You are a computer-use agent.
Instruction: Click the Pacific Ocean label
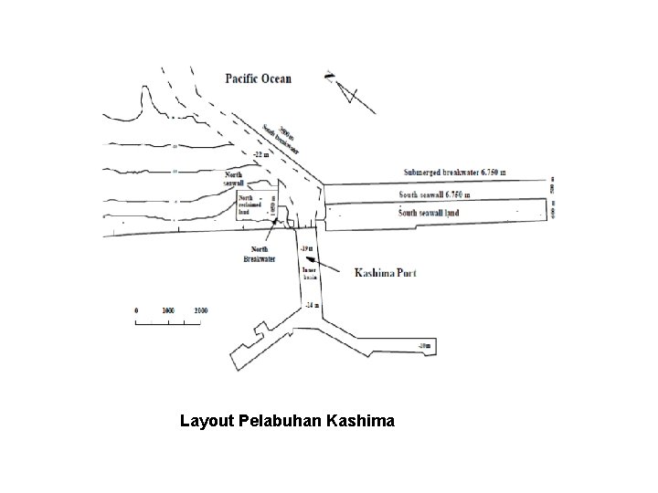pyautogui.click(x=259, y=79)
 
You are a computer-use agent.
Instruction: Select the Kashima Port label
pyautogui.click(x=384, y=272)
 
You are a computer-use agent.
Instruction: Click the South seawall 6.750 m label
pyautogui.click(x=440, y=194)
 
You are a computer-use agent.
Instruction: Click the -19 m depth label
pyautogui.click(x=306, y=247)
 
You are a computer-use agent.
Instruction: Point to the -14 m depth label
pyautogui.click(x=312, y=304)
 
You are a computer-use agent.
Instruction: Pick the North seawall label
pyautogui.click(x=235, y=179)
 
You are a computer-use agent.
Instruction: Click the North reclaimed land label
pyautogui.click(x=250, y=204)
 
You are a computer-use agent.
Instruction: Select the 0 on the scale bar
pyautogui.click(x=136, y=310)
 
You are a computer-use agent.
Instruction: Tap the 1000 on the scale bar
pyautogui.click(x=168, y=310)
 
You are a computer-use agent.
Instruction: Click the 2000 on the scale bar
pyautogui.click(x=199, y=310)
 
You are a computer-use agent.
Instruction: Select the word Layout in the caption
pyautogui.click(x=207, y=422)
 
